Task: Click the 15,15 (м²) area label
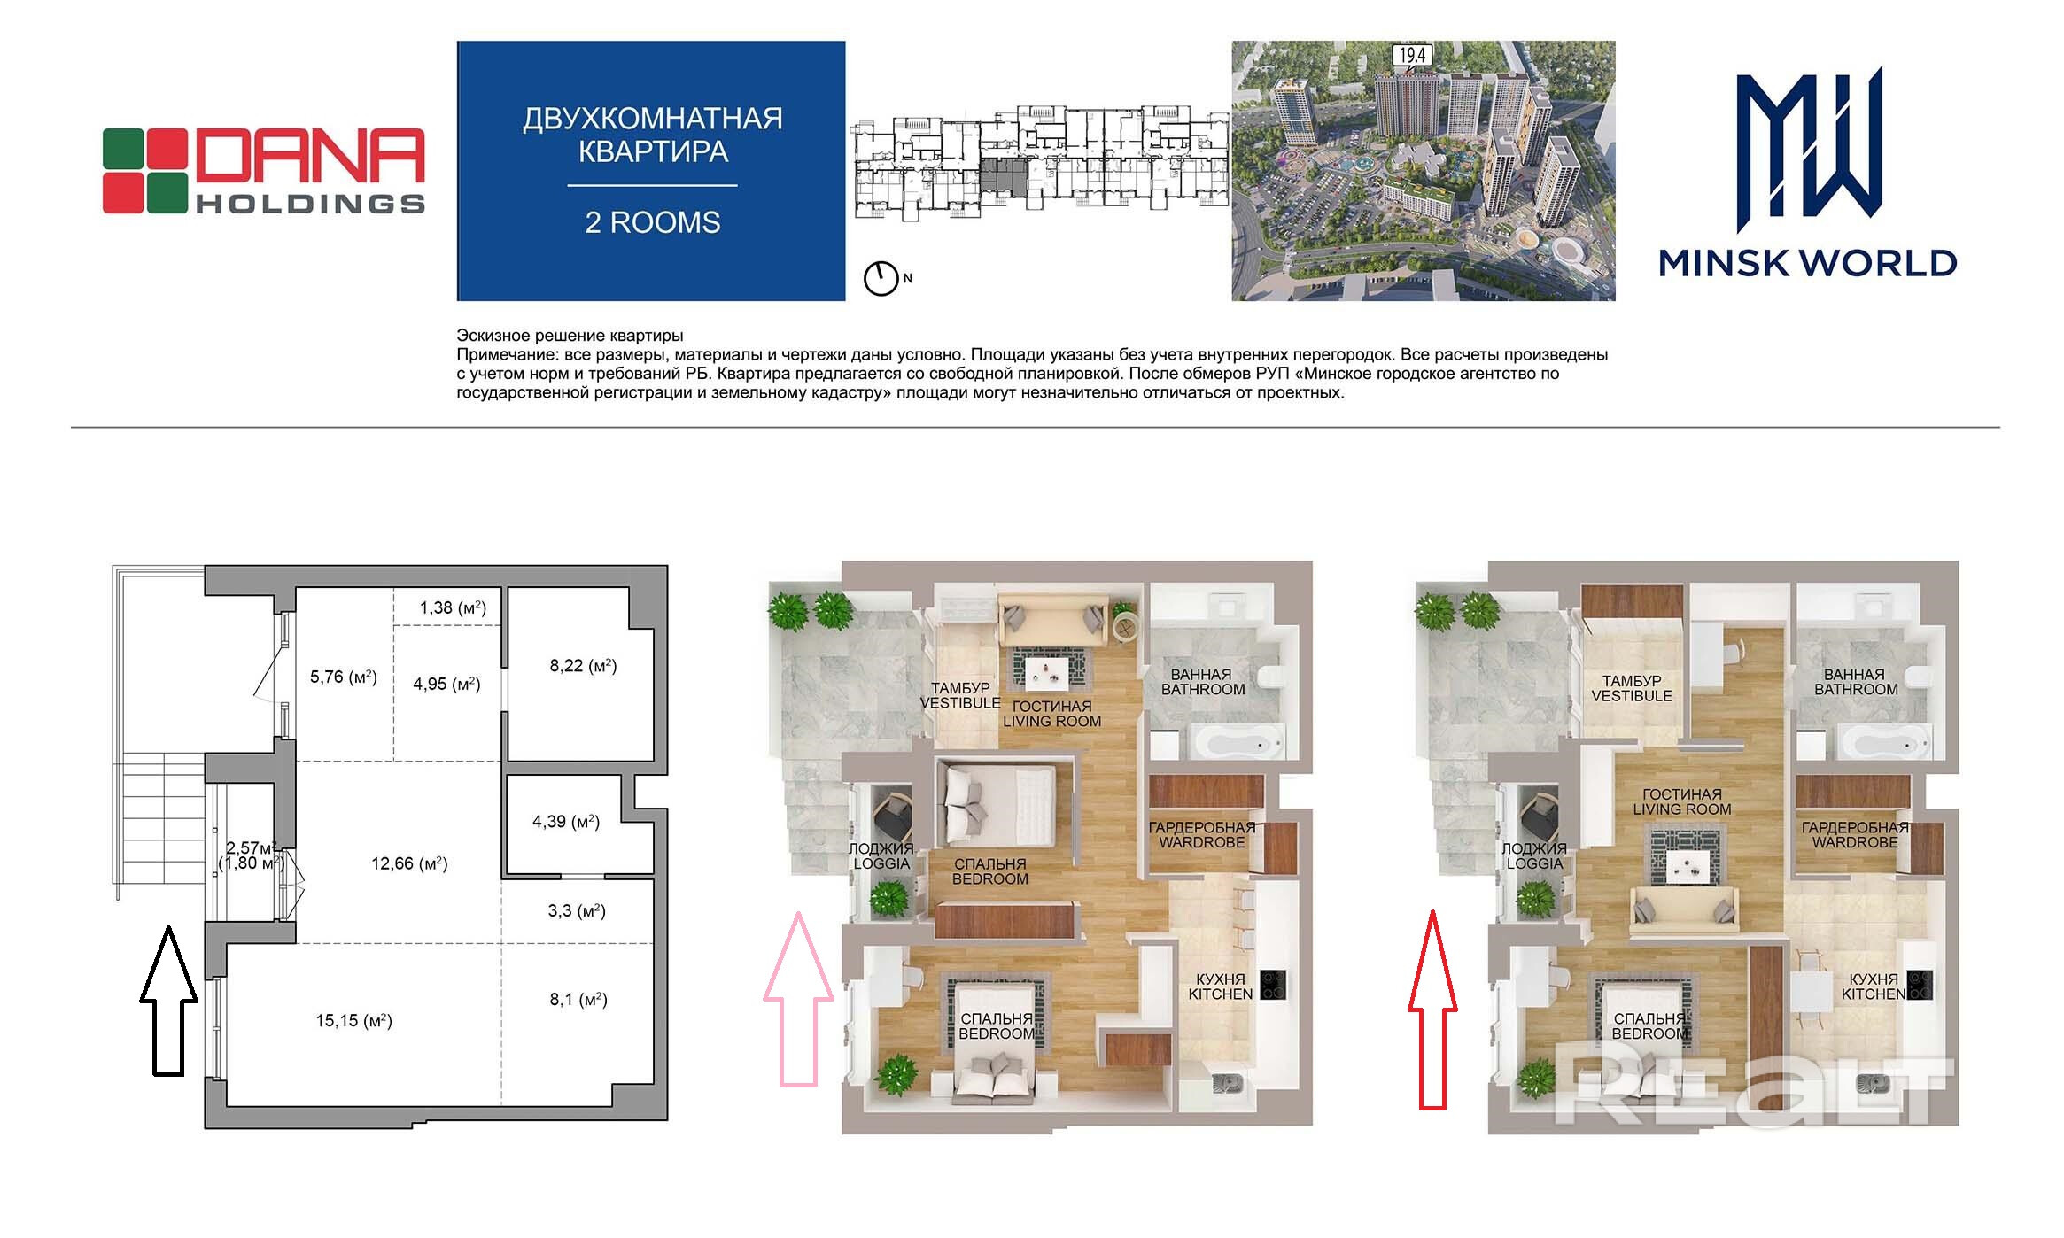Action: point(353,1020)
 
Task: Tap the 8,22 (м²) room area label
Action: point(583,665)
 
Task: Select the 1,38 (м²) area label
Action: point(453,607)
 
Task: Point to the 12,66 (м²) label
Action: point(409,863)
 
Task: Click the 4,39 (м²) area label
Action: point(566,822)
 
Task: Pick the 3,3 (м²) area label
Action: point(577,910)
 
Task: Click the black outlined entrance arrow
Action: point(168,1001)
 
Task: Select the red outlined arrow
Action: point(1432,1010)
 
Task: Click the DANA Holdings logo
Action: point(264,171)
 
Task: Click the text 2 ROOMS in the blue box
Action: point(653,222)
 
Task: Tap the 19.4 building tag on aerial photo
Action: point(1412,56)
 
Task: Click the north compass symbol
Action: point(881,278)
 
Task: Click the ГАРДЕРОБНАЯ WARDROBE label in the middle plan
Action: point(1202,834)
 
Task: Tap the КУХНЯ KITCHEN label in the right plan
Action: point(1874,987)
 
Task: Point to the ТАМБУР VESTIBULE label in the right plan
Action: point(1632,688)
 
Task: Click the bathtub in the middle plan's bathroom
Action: point(1233,740)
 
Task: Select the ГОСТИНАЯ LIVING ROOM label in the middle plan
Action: point(1051,714)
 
